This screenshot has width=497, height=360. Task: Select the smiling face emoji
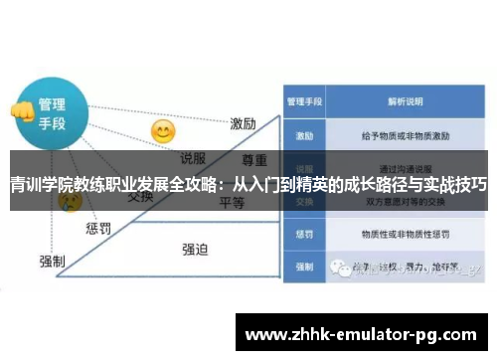pos(162,130)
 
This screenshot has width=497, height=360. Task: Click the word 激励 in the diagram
pos(244,124)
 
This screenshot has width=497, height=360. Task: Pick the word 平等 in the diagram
pos(232,202)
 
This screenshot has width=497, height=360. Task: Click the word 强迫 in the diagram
pos(195,249)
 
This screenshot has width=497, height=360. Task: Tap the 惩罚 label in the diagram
pos(97,229)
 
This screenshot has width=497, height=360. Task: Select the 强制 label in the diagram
pos(52,261)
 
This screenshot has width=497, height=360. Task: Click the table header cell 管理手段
pos(304,101)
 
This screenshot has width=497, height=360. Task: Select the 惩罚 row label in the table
pos(304,236)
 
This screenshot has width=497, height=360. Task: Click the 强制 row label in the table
pos(304,268)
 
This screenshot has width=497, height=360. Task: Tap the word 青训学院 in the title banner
pos(39,185)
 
